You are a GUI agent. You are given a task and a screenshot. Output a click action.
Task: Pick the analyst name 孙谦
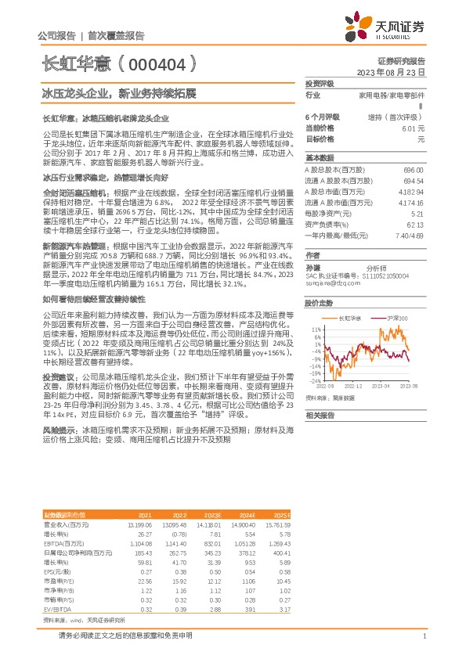coord(312,268)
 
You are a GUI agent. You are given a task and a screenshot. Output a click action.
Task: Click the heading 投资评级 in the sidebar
coord(320,82)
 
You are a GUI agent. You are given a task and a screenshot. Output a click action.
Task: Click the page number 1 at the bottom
coord(423,636)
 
